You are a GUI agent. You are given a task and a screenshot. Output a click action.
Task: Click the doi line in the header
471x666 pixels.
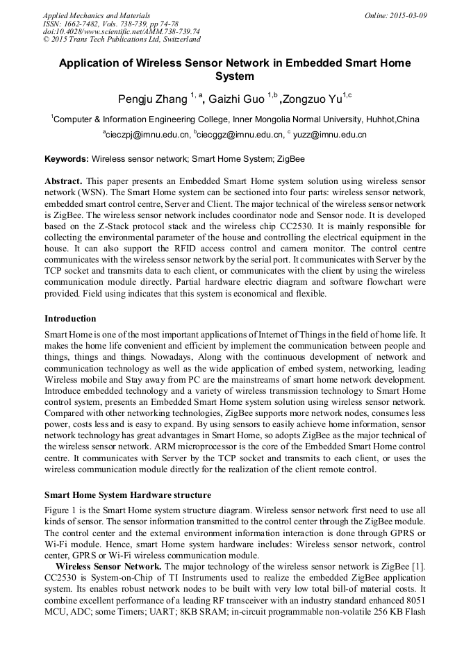point(121,31)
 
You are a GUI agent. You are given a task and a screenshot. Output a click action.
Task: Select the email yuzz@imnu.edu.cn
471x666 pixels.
point(329,135)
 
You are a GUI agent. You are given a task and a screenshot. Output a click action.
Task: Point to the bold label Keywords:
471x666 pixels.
point(67,159)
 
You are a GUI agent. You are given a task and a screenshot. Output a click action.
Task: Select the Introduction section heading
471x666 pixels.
point(70,319)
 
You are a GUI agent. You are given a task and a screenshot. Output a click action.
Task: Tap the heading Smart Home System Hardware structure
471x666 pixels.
point(128,495)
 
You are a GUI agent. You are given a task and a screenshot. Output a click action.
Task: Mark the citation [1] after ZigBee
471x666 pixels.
point(419,567)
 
